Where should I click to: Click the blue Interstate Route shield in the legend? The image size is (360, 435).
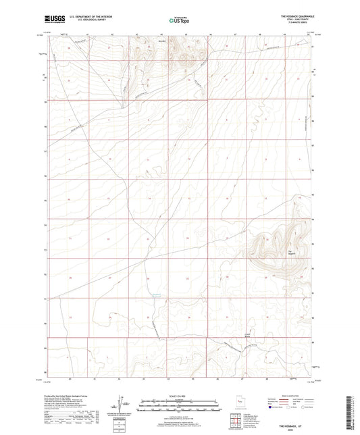tap(272, 407)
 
